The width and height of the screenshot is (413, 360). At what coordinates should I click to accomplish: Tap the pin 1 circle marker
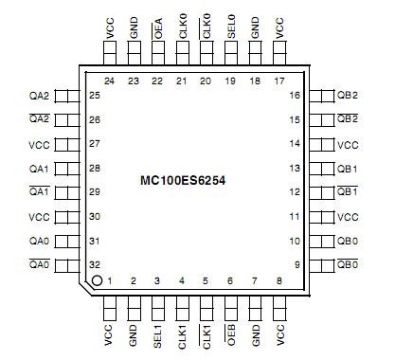pyautogui.click(x=96, y=281)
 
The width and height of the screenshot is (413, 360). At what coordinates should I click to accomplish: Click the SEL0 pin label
pyautogui.click(x=231, y=28)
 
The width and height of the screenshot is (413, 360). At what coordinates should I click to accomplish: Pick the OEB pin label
pyautogui.click(x=231, y=336)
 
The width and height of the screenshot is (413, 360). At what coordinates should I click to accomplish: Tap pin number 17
pyautogui.click(x=279, y=81)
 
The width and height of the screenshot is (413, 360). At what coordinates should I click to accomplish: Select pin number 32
pyautogui.click(x=95, y=265)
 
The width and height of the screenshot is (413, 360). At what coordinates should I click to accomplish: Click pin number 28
pyautogui.click(x=95, y=168)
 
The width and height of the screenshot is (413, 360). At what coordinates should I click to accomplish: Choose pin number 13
pyautogui.click(x=296, y=168)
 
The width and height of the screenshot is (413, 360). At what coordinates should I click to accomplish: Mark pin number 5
pyautogui.click(x=206, y=281)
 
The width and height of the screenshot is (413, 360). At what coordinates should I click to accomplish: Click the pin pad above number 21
pyautogui.click(x=181, y=54)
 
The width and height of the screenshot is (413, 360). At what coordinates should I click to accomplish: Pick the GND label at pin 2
pyautogui.click(x=133, y=337)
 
